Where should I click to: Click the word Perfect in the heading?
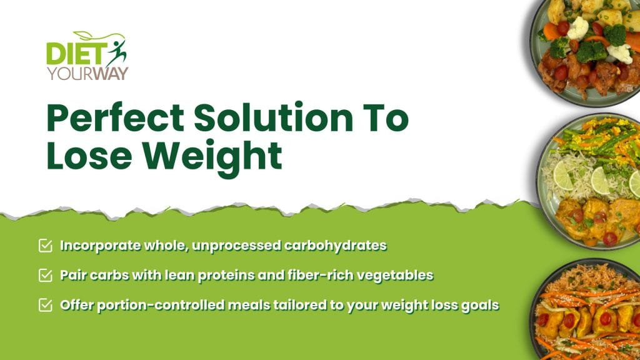click(x=116, y=118)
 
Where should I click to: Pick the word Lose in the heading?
click(x=89, y=156)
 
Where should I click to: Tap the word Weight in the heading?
click(x=212, y=158)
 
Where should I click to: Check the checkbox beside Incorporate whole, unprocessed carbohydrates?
click(x=45, y=246)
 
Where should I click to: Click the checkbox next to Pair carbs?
click(x=45, y=275)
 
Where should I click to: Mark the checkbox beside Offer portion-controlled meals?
click(x=45, y=305)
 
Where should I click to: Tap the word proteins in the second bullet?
click(x=226, y=276)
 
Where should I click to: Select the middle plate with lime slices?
click(x=589, y=182)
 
